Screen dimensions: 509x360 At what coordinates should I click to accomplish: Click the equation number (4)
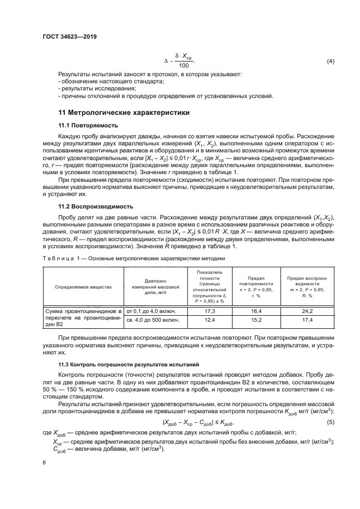330,61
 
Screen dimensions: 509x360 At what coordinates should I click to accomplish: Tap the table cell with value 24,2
308,311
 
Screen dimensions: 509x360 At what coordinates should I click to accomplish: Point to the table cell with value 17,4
308,321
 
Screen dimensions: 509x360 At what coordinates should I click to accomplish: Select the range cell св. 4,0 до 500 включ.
154,321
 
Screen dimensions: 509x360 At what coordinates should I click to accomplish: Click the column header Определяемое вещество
83,286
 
